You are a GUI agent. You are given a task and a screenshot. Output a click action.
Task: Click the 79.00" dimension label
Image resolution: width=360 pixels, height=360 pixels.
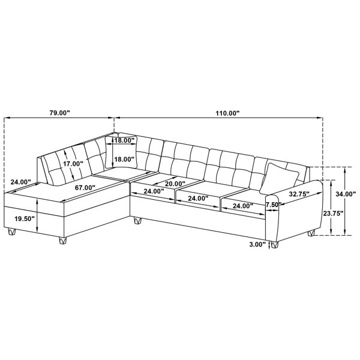(x=59, y=113)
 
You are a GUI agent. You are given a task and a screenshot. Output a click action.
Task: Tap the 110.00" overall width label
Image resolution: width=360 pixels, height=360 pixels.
(x=227, y=113)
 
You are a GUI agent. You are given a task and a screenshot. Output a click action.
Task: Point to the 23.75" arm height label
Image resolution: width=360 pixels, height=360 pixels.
(x=333, y=214)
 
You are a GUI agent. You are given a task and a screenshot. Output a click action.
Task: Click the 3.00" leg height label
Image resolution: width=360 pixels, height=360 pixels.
(x=257, y=245)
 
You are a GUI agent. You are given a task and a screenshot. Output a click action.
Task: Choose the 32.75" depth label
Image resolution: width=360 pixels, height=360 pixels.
(x=299, y=194)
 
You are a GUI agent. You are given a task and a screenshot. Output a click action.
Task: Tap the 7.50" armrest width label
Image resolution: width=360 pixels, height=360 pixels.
(x=274, y=205)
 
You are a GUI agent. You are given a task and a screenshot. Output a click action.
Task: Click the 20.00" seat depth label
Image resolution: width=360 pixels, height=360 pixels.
(x=175, y=184)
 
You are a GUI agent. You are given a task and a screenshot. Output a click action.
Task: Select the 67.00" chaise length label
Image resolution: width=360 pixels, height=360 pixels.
(x=85, y=188)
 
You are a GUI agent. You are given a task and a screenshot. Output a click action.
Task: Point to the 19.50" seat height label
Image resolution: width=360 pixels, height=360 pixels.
(x=25, y=218)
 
